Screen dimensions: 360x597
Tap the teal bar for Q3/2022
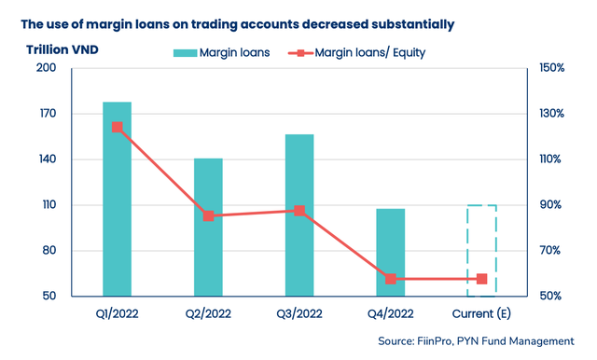[299, 215]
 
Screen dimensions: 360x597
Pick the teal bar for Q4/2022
[391, 252]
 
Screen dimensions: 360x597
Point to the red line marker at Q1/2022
[117, 127]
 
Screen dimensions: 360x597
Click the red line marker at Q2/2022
[208, 215]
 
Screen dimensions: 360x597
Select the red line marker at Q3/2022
[299, 211]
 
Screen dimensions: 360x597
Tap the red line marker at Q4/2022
[391, 279]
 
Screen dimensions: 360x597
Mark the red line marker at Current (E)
[481, 279]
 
